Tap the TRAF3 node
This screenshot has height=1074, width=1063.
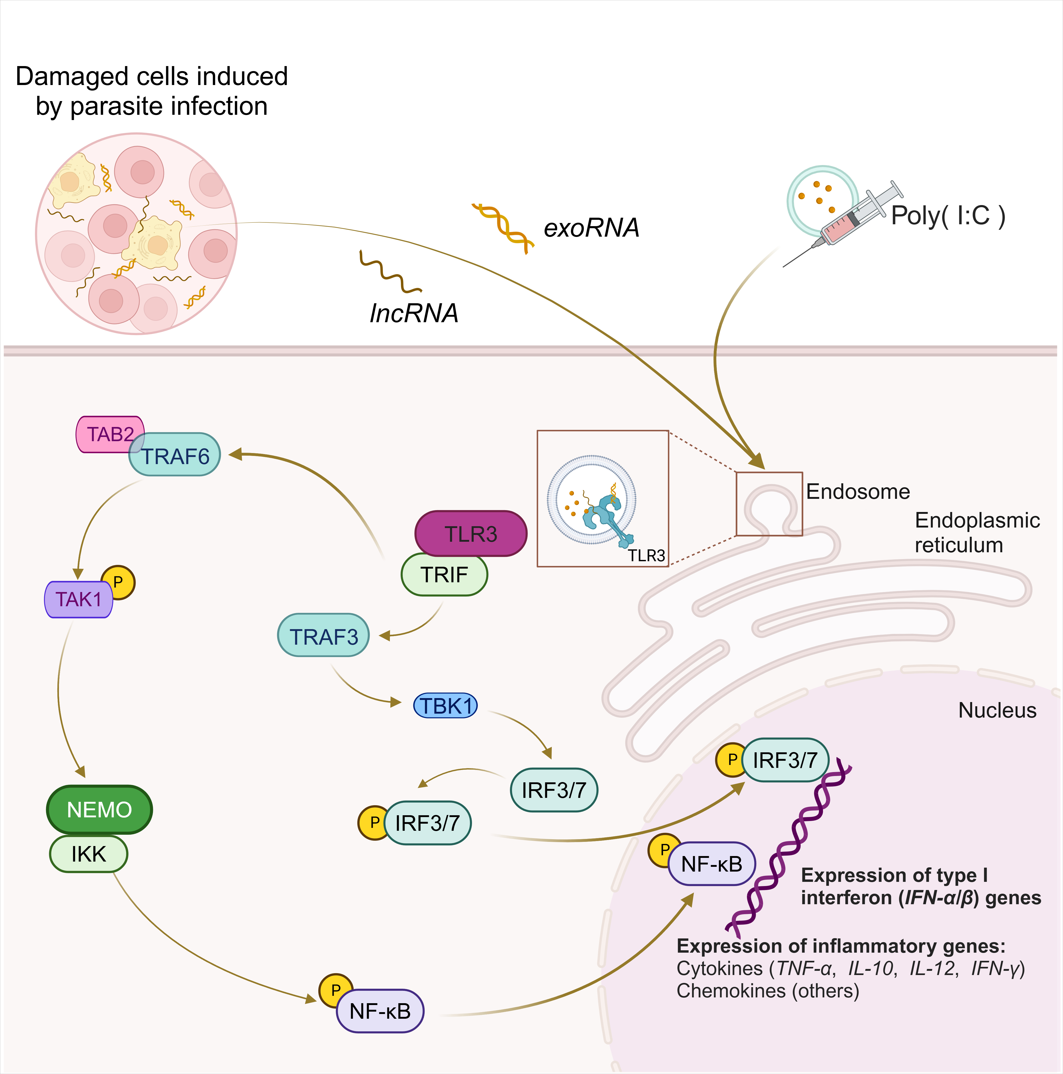point(324,637)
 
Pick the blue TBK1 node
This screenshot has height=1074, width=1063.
point(445,706)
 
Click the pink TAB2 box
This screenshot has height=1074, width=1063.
point(106,434)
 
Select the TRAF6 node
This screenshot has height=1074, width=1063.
point(175,456)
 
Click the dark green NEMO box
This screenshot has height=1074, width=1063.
point(100,809)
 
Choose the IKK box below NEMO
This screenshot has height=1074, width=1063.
point(89,854)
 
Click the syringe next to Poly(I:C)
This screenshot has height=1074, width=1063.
point(851,222)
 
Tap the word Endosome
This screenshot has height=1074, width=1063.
point(858,491)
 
